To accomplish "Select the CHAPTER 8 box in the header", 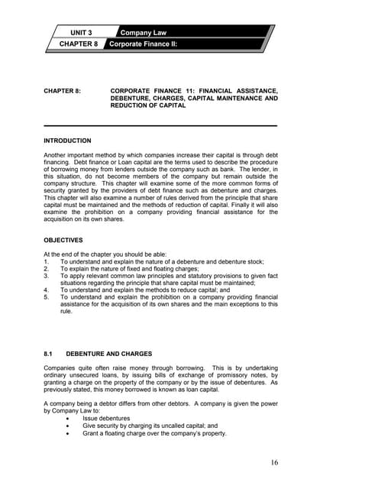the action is (x=79, y=45).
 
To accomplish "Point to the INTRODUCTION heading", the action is (x=67, y=141).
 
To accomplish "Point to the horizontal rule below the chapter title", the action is (x=160, y=125).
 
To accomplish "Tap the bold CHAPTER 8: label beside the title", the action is (x=63, y=91).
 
